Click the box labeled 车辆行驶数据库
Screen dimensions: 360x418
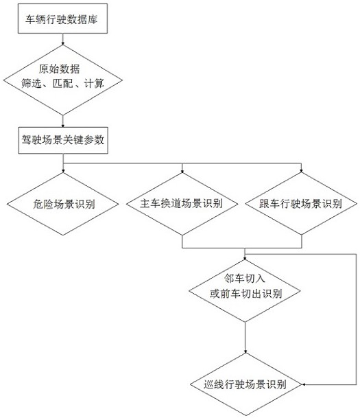tap(62, 19)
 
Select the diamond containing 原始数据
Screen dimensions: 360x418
tap(63, 80)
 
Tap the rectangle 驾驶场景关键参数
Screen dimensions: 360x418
tap(63, 140)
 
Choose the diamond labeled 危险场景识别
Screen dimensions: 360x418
tap(63, 204)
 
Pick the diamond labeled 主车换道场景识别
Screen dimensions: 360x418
tap(182, 204)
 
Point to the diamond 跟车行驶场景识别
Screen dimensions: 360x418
tap(301, 203)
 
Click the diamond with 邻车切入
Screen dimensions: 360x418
tap(245, 290)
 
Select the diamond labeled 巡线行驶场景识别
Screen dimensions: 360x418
tap(245, 384)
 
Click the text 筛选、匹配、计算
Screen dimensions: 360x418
tap(63, 84)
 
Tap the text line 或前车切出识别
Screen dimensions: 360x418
tap(245, 294)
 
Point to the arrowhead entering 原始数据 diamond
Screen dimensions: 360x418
tap(63, 43)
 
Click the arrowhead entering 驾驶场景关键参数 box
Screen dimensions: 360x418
tap(63, 126)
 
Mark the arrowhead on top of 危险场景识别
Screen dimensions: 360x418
tap(63, 171)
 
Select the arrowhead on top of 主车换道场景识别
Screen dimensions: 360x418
tap(182, 171)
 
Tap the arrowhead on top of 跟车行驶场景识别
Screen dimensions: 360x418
tap(301, 171)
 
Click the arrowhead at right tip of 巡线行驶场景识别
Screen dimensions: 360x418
tap(304, 384)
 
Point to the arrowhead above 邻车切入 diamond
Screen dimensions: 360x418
tap(245, 258)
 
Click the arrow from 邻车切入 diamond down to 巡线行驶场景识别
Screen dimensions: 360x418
tap(245, 338)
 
